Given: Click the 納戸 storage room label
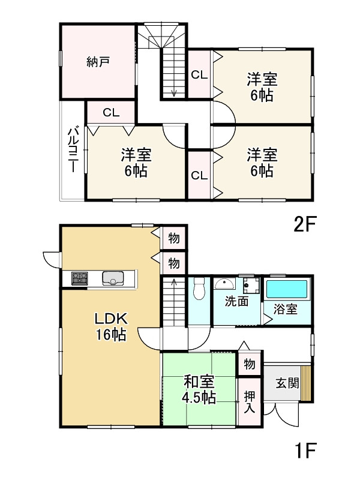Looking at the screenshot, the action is pos(98,62).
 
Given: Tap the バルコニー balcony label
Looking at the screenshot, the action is pos(73,150).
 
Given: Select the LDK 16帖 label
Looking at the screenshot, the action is pos(111,326).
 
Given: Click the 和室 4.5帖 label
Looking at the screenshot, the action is pos(199,389).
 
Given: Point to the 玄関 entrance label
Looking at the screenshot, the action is pos(287,383).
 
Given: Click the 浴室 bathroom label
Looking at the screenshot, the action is pos(286,309).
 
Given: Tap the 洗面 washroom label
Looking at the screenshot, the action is pos(236,302).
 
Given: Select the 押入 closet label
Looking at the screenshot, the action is pos(250,402).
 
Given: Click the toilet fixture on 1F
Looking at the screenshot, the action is pos(199,289).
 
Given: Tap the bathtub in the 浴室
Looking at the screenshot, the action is pos(287,289).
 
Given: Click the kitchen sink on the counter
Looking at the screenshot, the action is pos(113,278).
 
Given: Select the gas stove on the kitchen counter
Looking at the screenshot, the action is pos(80,278).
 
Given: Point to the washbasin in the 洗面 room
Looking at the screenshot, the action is pos(224,283).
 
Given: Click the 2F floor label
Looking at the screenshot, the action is pos(304,224).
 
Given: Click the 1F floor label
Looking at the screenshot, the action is pos(305,450).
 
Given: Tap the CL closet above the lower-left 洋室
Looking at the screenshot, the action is pos(111,113).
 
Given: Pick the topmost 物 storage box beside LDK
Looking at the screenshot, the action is pos(174,238).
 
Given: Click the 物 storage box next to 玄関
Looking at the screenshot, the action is pos(250,364).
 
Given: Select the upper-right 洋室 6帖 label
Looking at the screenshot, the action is pos(262,87).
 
